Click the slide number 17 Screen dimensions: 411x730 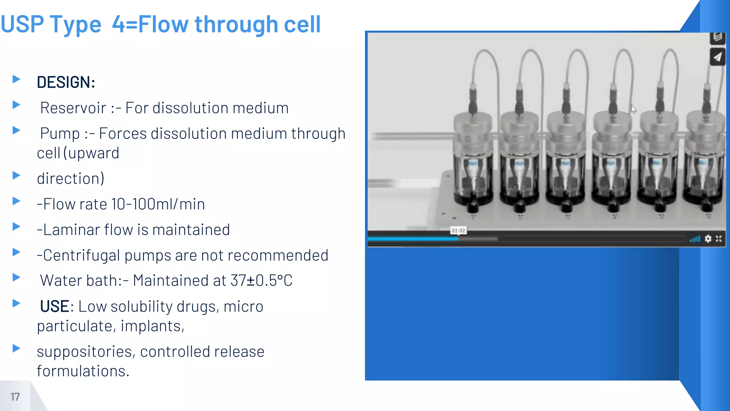click(x=15, y=397)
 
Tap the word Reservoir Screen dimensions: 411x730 click(x=73, y=108)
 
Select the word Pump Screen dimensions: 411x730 click(x=60, y=134)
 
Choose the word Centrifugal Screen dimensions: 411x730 click(x=82, y=255)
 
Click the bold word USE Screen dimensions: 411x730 click(x=55, y=306)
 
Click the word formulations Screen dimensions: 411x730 click(x=83, y=371)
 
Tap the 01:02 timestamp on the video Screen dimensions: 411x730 click(x=458, y=231)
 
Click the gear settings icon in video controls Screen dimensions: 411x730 click(x=708, y=239)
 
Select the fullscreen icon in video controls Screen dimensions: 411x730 click(x=719, y=239)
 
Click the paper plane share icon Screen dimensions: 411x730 click(x=718, y=57)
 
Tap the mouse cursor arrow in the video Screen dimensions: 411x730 click(x=633, y=109)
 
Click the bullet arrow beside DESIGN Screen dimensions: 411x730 click(x=16, y=79)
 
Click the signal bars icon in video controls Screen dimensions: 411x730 click(x=695, y=239)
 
